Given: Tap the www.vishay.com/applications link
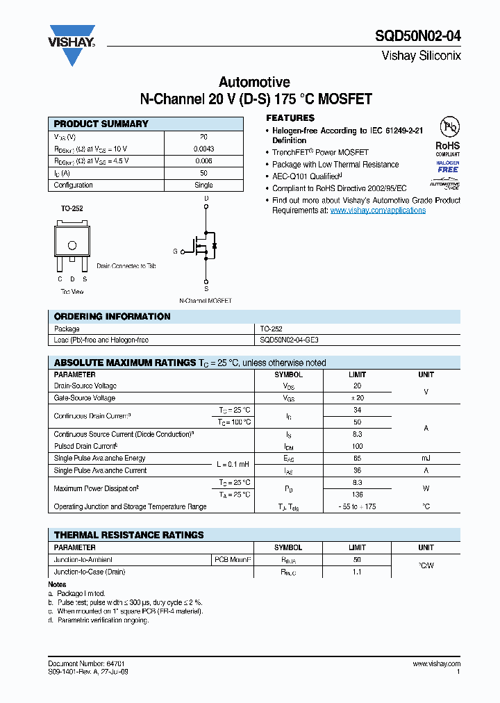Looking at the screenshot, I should pyautogui.click(x=378, y=210).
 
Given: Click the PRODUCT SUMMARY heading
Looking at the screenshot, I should pyautogui.click(x=101, y=124).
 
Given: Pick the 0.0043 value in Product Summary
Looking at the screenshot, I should pyautogui.click(x=203, y=149).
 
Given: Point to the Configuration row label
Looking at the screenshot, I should pyautogui.click(x=74, y=185).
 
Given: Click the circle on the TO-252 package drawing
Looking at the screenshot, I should pyautogui.click(x=72, y=245).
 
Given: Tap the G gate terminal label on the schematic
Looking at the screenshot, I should pyautogui.click(x=175, y=251).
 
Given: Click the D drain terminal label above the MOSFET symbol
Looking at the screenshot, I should pyautogui.click(x=206, y=199).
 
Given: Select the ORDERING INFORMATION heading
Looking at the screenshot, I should pyautogui.click(x=112, y=317).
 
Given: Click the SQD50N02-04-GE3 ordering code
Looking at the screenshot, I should pyautogui.click(x=289, y=340).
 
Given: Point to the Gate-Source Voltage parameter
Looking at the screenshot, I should pyautogui.click(x=85, y=398).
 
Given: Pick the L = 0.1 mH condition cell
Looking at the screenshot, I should pyautogui.click(x=232, y=464).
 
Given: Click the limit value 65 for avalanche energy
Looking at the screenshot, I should pyautogui.click(x=357, y=458).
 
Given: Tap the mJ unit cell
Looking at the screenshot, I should pyautogui.click(x=426, y=458).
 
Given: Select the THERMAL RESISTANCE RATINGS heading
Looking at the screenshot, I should pyautogui.click(x=129, y=535).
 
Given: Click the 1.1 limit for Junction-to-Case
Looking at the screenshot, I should pyautogui.click(x=357, y=572).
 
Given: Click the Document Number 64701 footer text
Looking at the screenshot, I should pyautogui.click(x=87, y=664).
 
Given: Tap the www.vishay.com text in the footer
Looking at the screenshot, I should pyautogui.click(x=437, y=664).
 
